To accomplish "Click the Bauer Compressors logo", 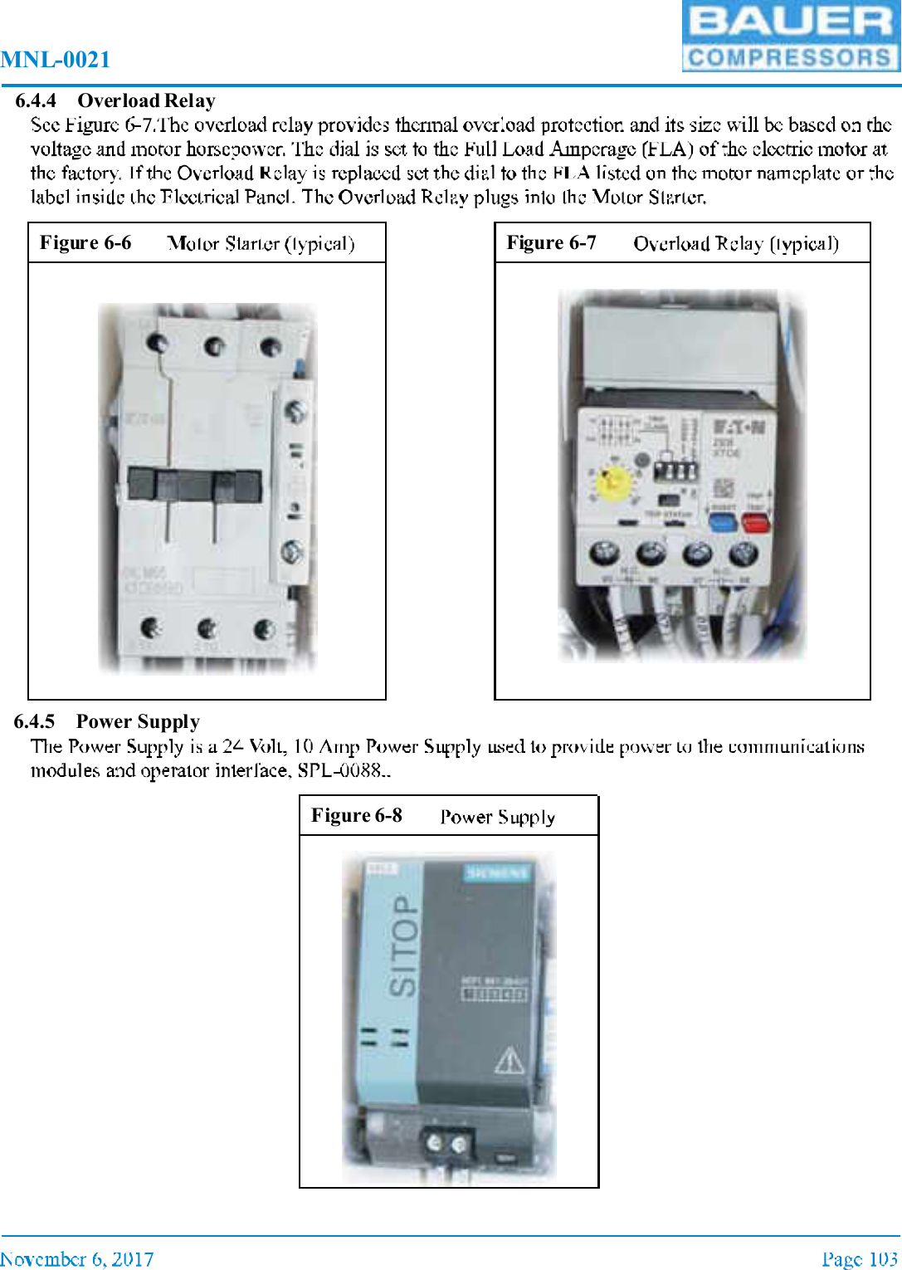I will [x=791, y=37].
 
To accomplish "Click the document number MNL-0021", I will [x=56, y=60].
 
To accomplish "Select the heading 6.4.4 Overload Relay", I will [x=115, y=100].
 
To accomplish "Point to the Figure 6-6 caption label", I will [x=85, y=243].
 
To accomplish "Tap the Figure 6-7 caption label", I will [x=551, y=243].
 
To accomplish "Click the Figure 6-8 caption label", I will [x=356, y=816].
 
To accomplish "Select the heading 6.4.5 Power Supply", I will [x=107, y=721].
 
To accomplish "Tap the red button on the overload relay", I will [x=755, y=522].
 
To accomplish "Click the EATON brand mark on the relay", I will [x=739, y=427].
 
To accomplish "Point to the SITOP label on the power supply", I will [x=404, y=945].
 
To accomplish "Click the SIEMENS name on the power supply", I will [x=497, y=872].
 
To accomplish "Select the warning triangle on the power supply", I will [x=510, y=1060].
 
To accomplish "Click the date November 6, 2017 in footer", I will [x=77, y=1259].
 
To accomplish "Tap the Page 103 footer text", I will [x=860, y=1259].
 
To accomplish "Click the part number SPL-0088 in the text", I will [x=339, y=770].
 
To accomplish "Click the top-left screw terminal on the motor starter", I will [x=157, y=343].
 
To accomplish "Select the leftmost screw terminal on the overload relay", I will [x=604, y=552].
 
